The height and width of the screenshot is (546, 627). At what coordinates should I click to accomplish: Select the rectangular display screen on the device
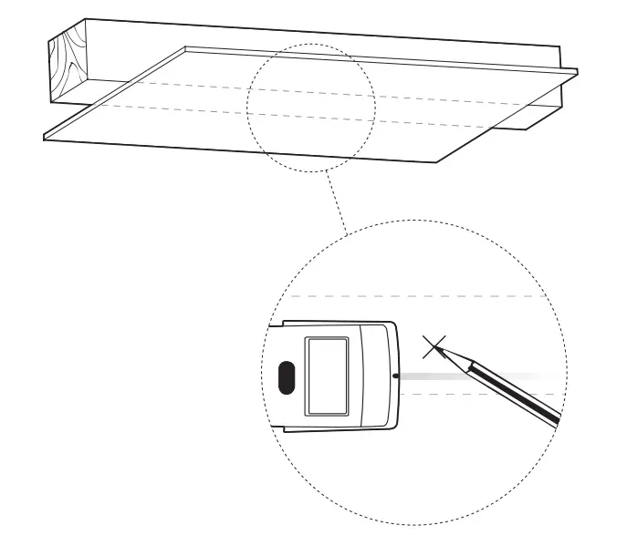(x=328, y=375)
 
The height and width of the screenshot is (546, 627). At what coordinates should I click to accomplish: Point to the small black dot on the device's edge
(x=393, y=375)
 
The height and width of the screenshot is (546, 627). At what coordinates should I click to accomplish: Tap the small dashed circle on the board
(x=311, y=108)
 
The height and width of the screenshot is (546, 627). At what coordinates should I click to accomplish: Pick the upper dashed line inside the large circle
(x=420, y=297)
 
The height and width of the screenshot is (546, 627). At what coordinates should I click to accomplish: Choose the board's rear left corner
(x=186, y=47)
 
